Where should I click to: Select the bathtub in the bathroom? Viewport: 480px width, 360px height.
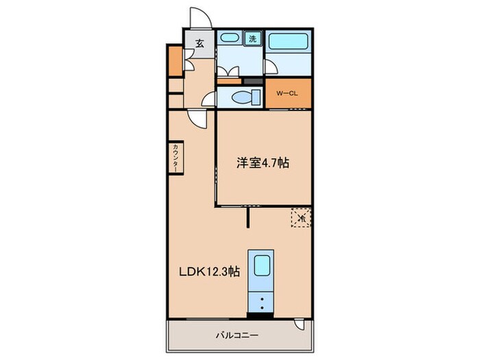pyautogui.click(x=288, y=43)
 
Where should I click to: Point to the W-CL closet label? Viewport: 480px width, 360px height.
pyautogui.click(x=287, y=93)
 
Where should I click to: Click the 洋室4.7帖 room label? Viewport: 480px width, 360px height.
pyautogui.click(x=263, y=163)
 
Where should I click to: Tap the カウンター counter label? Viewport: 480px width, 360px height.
pyautogui.click(x=176, y=158)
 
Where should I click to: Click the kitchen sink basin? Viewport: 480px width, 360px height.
pyautogui.click(x=261, y=265)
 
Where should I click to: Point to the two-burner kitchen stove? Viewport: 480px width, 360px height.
pyautogui.click(x=261, y=302)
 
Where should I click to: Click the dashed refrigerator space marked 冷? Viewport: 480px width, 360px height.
pyautogui.click(x=300, y=217)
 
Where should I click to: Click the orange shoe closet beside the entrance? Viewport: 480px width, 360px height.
pyautogui.click(x=174, y=60)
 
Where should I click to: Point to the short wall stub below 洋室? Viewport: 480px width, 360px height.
pyautogui.click(x=248, y=217)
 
